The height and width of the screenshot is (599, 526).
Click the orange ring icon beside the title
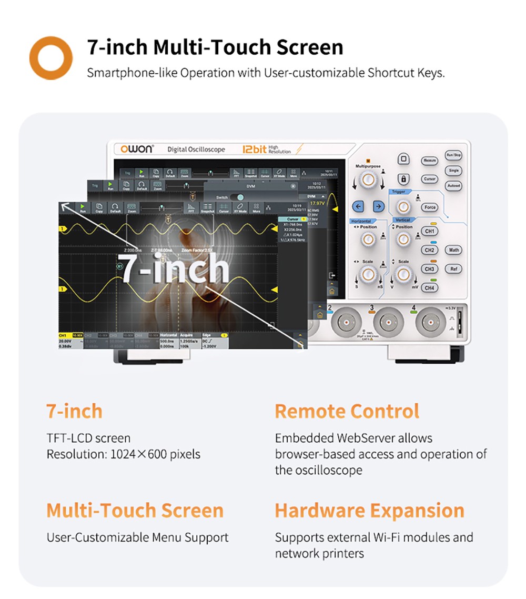point(50,57)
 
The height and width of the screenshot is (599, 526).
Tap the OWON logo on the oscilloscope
point(136,149)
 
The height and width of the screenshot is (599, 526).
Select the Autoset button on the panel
point(453,186)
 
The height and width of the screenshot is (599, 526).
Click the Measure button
point(430,160)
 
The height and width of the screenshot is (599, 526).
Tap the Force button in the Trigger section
point(430,207)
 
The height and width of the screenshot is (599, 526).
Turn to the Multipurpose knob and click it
point(369,181)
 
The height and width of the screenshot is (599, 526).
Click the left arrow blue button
point(358,206)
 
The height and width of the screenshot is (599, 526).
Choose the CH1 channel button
point(430,231)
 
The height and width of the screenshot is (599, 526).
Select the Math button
point(453,250)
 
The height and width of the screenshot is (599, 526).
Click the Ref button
point(453,269)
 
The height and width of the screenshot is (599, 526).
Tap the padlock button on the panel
point(403,179)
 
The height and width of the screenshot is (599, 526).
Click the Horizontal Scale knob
point(368,273)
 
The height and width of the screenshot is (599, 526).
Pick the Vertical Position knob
point(403,239)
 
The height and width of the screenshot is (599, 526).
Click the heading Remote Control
point(347,411)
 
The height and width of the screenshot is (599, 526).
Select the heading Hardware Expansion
point(369,511)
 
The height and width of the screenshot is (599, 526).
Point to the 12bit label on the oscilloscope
point(255,149)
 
